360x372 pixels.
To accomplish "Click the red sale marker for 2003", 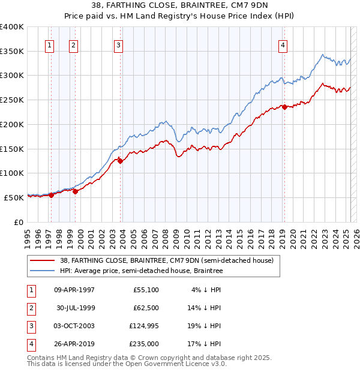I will (120, 160).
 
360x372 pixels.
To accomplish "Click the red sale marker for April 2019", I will (284, 107).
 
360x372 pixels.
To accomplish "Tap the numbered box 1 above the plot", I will (49, 44).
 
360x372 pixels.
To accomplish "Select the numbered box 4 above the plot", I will (283, 44).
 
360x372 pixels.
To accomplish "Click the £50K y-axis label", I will (14, 197).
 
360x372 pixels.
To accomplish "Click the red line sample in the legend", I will (41, 260).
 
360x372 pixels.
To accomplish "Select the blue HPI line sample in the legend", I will (41, 271).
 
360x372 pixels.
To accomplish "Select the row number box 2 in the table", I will (31, 308).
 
